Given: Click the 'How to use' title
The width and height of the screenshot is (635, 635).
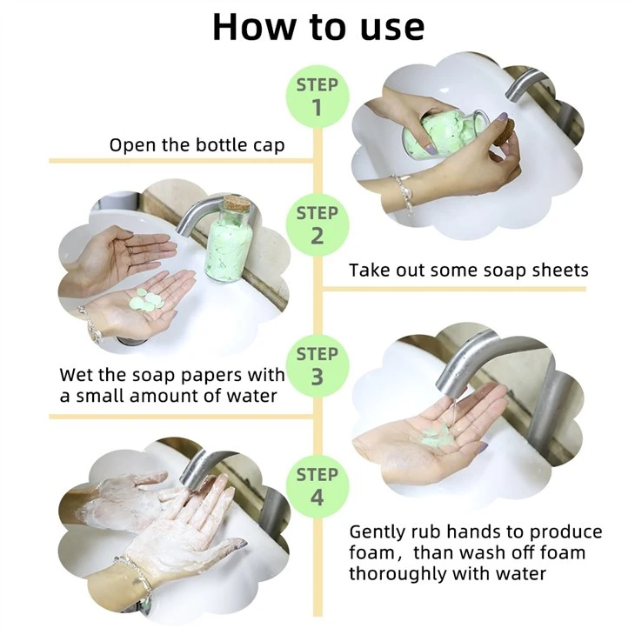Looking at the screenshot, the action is tap(318, 27).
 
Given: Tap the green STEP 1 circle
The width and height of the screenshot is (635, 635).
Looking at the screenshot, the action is tap(317, 97).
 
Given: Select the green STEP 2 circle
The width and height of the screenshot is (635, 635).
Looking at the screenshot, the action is tap(317, 224).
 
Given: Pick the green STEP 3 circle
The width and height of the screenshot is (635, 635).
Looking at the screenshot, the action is tap(317, 365).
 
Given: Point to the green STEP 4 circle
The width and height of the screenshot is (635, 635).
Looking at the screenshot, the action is tap(317, 486).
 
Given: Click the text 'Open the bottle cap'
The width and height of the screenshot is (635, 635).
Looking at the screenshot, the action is tap(197, 145).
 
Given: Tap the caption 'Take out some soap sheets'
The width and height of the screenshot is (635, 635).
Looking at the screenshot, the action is tap(469, 271).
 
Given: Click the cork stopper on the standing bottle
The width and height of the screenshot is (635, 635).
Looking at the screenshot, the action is tap(235, 204).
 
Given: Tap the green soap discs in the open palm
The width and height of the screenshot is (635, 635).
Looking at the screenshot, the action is tap(148, 300).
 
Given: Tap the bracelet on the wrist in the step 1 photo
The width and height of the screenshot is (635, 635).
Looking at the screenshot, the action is tap(402, 192).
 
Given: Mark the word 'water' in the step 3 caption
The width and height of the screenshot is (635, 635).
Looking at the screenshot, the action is tap(251, 396).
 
